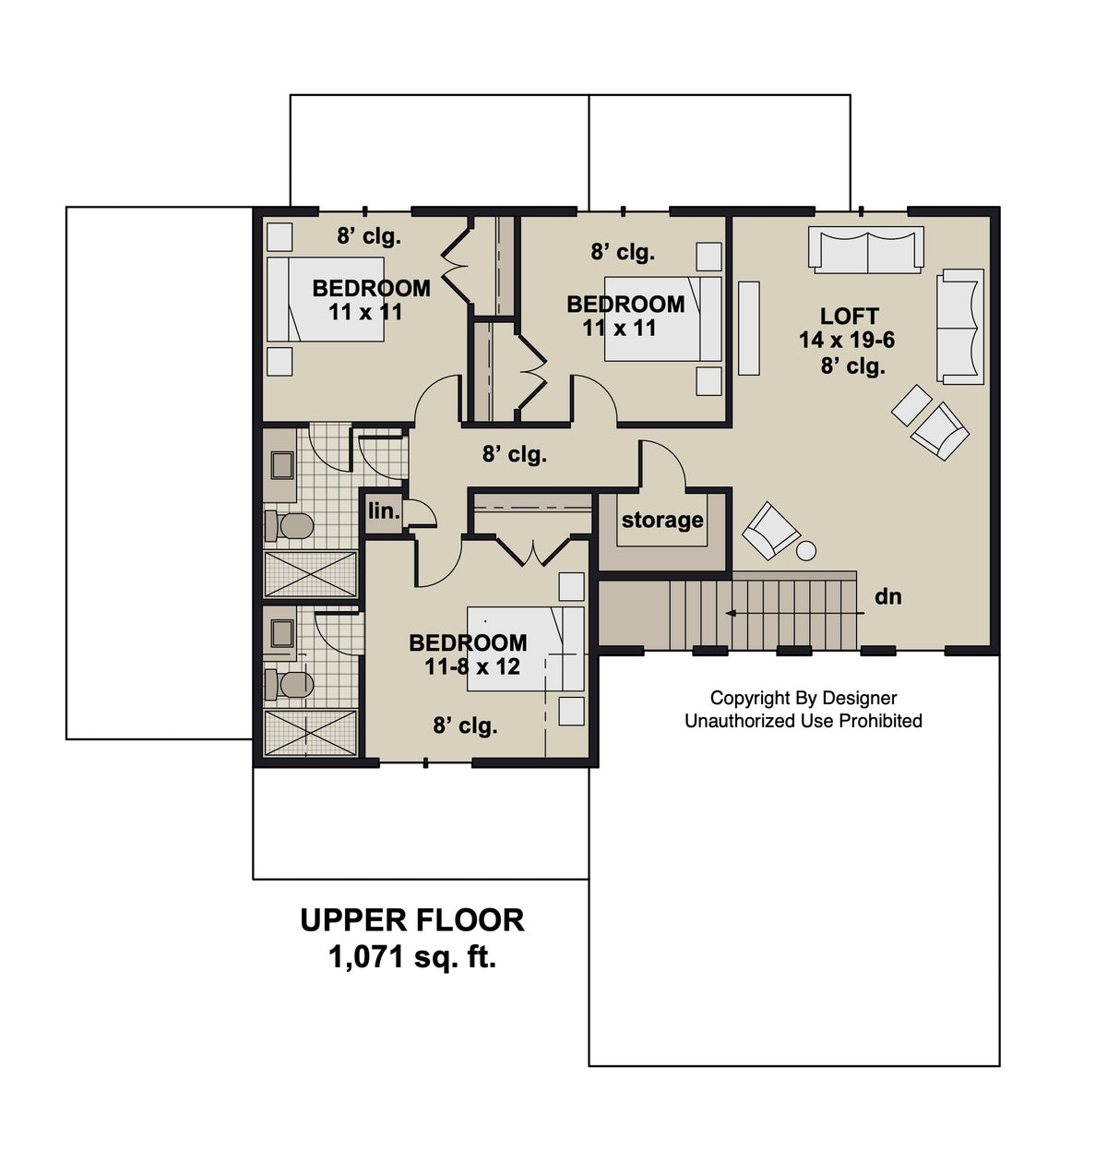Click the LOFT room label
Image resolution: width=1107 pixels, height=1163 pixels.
[x=849, y=317]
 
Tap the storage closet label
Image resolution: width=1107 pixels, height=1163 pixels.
[x=662, y=520]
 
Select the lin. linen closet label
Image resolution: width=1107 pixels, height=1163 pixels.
[x=384, y=510]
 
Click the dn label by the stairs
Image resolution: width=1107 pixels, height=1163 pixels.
[x=887, y=597]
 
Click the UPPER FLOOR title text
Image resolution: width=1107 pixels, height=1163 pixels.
[x=412, y=920]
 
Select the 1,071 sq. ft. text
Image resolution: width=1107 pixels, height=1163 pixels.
[x=412, y=958]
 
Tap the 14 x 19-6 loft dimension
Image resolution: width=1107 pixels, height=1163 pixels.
[x=847, y=341]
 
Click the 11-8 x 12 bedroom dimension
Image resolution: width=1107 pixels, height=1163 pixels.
[x=472, y=666]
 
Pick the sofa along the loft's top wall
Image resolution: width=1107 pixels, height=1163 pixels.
[x=866, y=249]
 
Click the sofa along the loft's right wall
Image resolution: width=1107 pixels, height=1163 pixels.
[x=960, y=326]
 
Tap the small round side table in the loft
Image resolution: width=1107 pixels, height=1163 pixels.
[x=806, y=551]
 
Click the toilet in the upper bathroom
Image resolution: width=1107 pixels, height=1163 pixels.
[x=291, y=526]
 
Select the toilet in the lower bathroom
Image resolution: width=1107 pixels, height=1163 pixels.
[x=291, y=685]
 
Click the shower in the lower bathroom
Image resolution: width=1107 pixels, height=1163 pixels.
[x=310, y=733]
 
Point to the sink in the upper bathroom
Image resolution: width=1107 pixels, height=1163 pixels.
[x=282, y=465]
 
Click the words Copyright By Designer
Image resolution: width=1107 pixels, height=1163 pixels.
[x=803, y=699]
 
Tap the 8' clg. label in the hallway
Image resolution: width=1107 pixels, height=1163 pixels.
[x=514, y=454]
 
